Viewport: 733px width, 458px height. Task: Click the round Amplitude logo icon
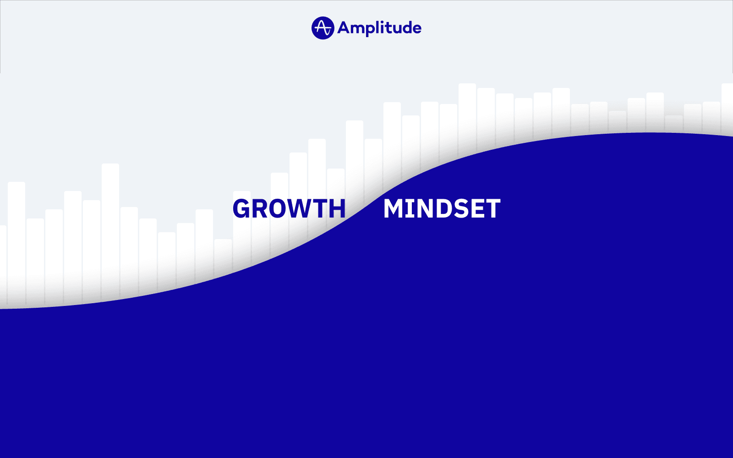[x=323, y=28]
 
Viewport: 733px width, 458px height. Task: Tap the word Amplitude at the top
[x=379, y=28]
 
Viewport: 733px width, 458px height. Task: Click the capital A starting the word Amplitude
[x=344, y=28]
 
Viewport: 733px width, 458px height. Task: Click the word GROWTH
[x=289, y=209]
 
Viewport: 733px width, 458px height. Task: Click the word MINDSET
[x=442, y=209]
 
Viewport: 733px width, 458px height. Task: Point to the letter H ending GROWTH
[x=337, y=209]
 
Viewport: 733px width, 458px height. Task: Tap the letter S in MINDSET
[x=458, y=209]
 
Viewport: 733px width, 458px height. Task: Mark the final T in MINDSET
[x=492, y=209]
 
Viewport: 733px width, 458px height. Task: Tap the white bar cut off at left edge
[x=3, y=261]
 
